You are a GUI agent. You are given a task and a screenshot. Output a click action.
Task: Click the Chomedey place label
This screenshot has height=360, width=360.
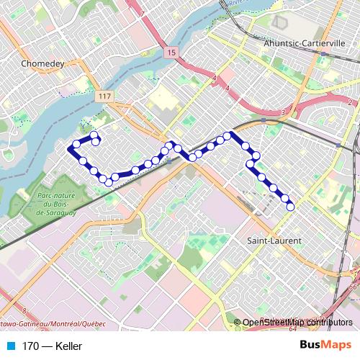pyautogui.click(x=43, y=63)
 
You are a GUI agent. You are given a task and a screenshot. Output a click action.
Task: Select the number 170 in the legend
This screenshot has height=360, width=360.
pyautogui.click(x=30, y=346)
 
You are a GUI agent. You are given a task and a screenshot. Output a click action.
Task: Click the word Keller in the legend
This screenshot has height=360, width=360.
pyautogui.click(x=67, y=346)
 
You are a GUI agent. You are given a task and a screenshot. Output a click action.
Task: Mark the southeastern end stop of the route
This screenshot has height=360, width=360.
pyautogui.click(x=291, y=207)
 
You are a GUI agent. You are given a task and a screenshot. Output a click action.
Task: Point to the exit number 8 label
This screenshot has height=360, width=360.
pyautogui.click(x=24, y=310)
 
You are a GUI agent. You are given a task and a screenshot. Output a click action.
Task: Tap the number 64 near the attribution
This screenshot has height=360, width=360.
pyautogui.click(x=293, y=329)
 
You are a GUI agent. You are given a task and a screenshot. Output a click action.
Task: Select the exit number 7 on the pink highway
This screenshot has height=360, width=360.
pyautogui.click(x=143, y=14)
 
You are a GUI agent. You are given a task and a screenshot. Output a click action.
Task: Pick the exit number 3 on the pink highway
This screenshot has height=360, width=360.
pyautogui.click(x=283, y=113)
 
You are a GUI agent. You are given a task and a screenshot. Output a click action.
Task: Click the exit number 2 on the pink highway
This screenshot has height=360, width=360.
pyautogui.click(x=348, y=102)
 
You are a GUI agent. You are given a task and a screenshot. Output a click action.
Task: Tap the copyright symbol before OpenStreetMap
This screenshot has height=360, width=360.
pyautogui.click(x=238, y=323)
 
